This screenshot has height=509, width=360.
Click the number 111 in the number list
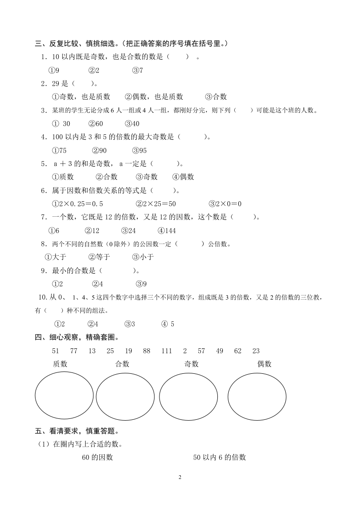point(168,351)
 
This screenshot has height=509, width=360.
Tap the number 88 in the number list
point(146,351)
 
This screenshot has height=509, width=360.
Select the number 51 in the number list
point(56,351)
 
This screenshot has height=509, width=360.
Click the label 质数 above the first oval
point(60,364)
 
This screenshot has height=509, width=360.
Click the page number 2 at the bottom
point(180,477)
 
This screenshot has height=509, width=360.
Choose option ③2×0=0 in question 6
point(225,204)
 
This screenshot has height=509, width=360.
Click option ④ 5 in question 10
point(168,324)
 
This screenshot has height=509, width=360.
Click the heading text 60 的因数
point(98,458)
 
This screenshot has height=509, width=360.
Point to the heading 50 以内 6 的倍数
point(220,458)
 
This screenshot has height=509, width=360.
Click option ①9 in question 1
point(54,71)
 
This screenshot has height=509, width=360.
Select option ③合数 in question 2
point(216,97)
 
